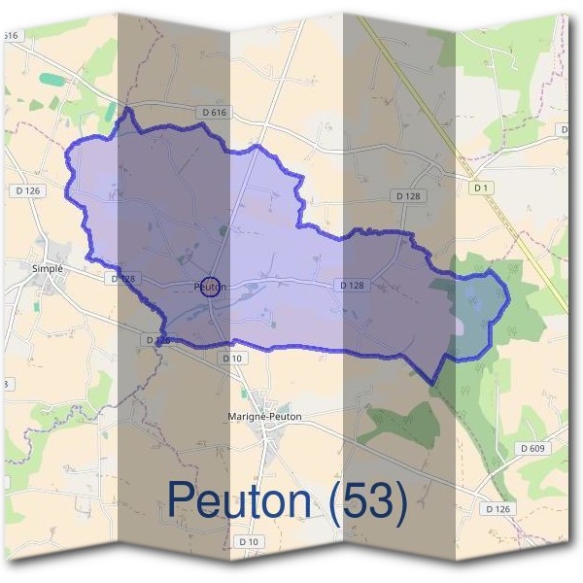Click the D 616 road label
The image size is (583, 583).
point(215,114)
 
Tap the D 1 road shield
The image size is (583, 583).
point(479,187)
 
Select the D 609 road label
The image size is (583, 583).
point(531,448)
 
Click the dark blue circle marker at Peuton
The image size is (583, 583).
point(214,286)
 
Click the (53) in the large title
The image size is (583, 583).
point(366,499)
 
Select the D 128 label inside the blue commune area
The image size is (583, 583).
point(351,285)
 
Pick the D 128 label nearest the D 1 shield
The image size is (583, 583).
point(408,196)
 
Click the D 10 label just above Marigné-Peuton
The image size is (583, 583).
point(231,359)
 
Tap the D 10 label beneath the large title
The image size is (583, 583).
point(248,541)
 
